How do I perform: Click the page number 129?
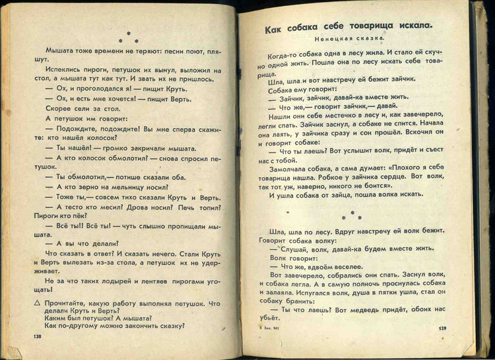click(442, 328)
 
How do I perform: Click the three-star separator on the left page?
click(129, 37)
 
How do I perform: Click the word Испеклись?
click(66, 69)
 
